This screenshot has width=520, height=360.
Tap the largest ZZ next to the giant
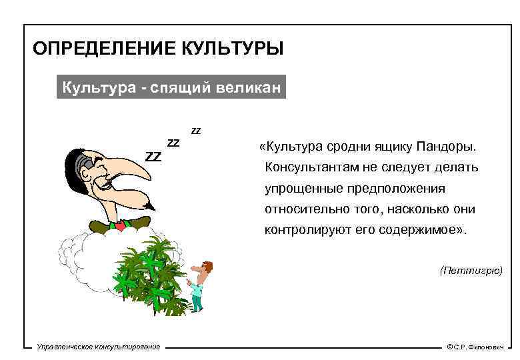tap(154, 157)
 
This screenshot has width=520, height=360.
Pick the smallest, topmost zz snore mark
tap(196, 130)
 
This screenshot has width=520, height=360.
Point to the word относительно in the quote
tap(301, 209)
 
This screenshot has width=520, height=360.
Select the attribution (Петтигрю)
tap(471, 271)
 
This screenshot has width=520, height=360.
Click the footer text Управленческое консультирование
tap(99, 347)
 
